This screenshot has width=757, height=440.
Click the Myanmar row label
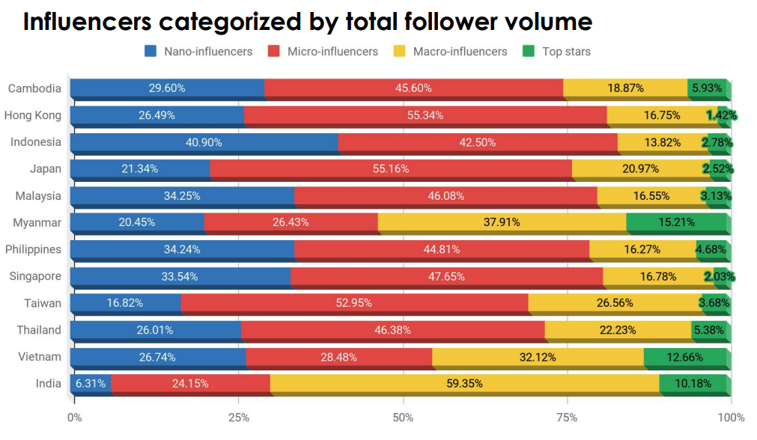pos(37,222)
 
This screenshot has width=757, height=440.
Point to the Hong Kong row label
pos(32,114)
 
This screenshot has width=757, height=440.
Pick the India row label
pos(48,384)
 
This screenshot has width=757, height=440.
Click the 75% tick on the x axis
pos(567,417)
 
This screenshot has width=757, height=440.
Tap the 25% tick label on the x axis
pos(238,417)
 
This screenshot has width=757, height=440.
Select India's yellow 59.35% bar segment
pos(464,384)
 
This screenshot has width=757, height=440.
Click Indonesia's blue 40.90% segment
pos(204,142)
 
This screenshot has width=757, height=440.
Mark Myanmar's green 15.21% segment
pos(677,222)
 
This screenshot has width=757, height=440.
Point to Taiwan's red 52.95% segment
pos(354,303)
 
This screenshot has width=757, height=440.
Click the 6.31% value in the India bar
pos(90,384)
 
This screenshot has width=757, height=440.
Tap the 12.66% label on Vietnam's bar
pos(686,357)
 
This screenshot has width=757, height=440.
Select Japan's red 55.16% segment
pos(390,168)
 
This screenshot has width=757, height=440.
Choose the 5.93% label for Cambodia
pos(707,88)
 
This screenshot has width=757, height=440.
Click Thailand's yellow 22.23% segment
pos(618,330)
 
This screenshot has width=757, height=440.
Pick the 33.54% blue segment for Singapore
pos(180,276)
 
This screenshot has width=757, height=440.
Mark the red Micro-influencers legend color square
pos(273,52)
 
